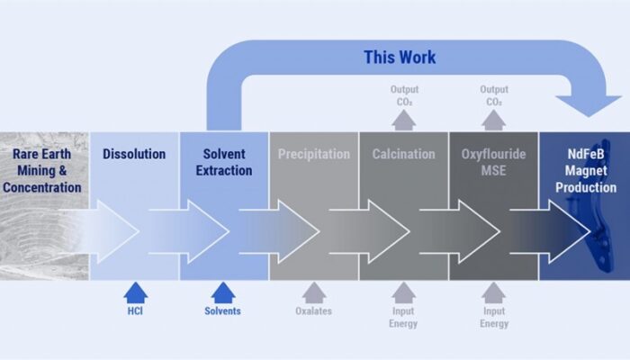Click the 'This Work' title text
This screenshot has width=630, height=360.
[x=400, y=58]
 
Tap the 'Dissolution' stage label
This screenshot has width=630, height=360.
[x=134, y=154]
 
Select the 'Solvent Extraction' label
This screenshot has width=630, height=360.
[x=224, y=162]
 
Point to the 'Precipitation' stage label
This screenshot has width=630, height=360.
[x=313, y=154]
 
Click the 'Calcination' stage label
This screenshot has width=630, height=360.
[x=403, y=154]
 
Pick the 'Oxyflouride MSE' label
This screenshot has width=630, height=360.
[x=492, y=162]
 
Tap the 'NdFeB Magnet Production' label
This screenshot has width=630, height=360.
[x=583, y=171]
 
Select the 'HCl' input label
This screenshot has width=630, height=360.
[x=134, y=311]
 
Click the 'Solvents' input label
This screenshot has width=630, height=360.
[x=224, y=311]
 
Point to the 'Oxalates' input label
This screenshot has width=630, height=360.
[x=313, y=311]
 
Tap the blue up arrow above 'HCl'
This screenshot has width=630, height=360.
[x=134, y=292]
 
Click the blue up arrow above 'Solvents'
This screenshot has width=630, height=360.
[x=224, y=292]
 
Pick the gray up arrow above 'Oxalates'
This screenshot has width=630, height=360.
[x=313, y=292]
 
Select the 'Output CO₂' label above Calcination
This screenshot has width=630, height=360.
[x=403, y=95]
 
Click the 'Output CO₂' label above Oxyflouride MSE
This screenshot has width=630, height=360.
[x=493, y=95]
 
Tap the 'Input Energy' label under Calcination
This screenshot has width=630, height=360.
[x=403, y=318]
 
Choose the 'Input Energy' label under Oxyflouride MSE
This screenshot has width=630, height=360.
[x=493, y=318]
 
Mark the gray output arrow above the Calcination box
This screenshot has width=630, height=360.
[x=403, y=120]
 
